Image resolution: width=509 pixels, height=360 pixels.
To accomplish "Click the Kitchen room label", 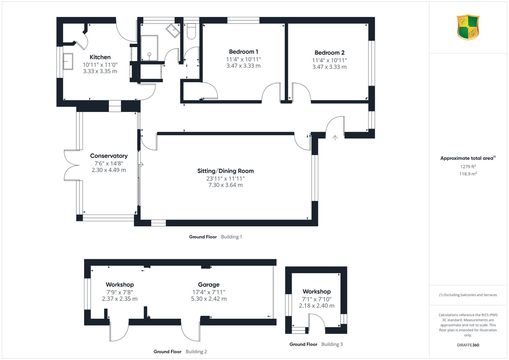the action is point(100,57).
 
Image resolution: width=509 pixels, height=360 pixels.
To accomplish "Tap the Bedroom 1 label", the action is point(243,52).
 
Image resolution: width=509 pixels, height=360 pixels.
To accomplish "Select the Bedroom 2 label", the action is point(330,53).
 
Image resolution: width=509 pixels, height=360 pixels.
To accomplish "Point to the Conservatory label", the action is point(109,156).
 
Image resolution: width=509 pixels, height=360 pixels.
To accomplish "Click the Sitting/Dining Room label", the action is point(226,171).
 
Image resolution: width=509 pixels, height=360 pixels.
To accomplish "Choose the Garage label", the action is point(209,285).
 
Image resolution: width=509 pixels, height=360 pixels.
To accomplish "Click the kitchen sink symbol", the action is point(68,61).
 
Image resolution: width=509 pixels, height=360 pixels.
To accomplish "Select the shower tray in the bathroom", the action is point(149,48).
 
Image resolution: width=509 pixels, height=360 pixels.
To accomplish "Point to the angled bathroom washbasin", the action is point(173,31).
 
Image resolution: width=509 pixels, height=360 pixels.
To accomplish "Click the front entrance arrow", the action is point(335,138).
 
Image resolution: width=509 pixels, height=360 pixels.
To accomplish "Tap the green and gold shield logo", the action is point(468,27).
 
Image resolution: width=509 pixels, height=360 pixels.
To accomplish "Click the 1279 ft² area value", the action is point(468,167).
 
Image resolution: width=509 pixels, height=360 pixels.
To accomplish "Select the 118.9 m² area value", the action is point(468,174).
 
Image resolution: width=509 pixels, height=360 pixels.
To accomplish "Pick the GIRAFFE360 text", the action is point(468,345).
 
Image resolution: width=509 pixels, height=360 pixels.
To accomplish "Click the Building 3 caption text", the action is point(332,344).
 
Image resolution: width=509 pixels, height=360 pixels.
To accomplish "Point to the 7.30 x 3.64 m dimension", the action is point(226,185).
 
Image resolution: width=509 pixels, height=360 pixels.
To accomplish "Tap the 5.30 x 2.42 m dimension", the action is point(209,299).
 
